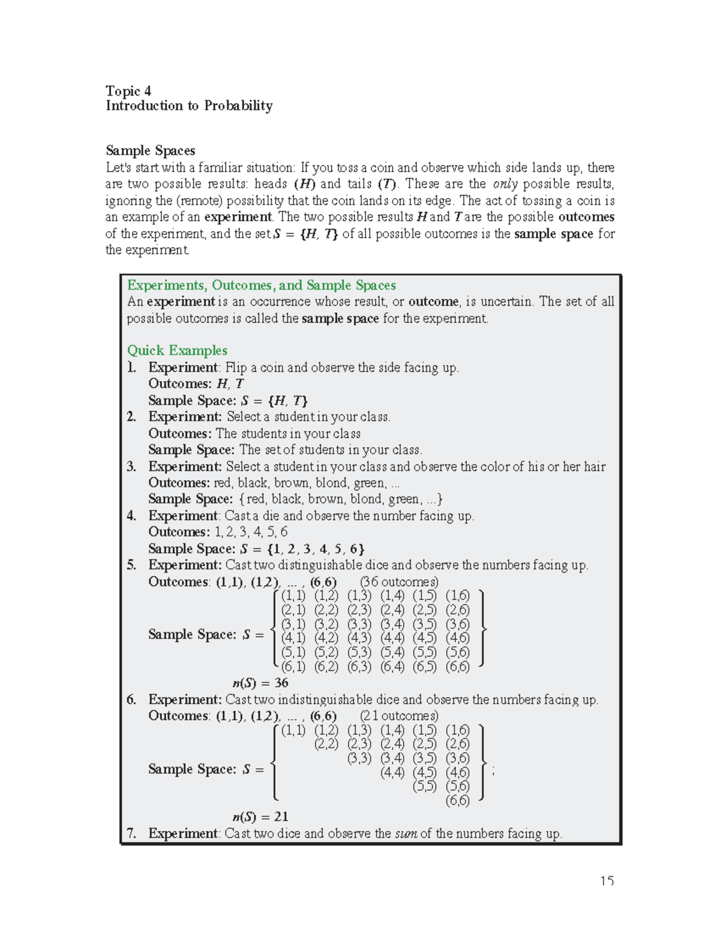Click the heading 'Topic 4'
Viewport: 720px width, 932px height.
click(x=128, y=91)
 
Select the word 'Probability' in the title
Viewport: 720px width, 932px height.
click(x=238, y=106)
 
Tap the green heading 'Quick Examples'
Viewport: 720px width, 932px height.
click(x=177, y=350)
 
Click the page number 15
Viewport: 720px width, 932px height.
click(x=607, y=881)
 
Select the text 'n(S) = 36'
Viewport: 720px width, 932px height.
click(x=260, y=683)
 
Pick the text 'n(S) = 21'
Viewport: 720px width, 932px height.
click(x=260, y=817)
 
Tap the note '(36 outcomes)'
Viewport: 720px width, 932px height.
click(x=399, y=582)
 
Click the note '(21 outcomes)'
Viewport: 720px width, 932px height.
click(x=399, y=716)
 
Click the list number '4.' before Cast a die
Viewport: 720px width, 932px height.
click(x=132, y=516)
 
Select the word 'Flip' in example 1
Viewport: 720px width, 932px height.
click(x=236, y=368)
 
